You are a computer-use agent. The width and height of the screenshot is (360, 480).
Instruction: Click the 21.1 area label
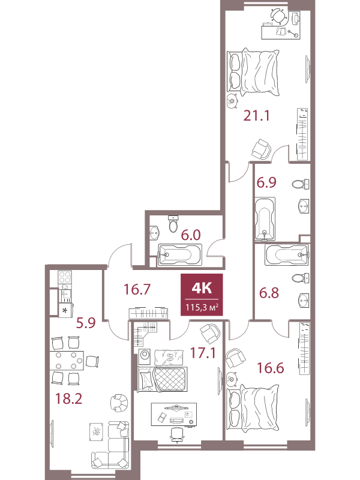(x=257, y=116)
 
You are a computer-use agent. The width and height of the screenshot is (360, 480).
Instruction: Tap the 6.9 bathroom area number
(x=266, y=182)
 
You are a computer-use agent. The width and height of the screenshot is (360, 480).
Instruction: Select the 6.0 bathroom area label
(x=191, y=235)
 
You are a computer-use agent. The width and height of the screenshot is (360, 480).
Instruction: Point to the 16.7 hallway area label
(x=137, y=289)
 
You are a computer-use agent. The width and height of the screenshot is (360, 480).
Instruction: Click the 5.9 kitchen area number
(x=86, y=323)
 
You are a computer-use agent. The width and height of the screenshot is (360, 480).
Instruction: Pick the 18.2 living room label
(x=68, y=398)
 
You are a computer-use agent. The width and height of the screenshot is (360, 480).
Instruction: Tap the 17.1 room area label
(x=203, y=353)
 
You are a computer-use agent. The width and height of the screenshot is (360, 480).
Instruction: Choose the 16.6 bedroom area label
(x=271, y=368)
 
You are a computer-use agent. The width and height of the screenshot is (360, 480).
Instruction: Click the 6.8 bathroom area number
(x=269, y=293)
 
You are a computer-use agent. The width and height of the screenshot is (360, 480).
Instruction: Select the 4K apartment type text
(x=202, y=288)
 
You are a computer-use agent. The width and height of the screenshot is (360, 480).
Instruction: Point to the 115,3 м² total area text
(x=202, y=307)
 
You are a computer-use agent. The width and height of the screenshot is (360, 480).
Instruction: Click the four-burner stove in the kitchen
(x=65, y=277)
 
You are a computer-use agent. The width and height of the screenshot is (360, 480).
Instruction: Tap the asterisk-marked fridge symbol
(x=65, y=310)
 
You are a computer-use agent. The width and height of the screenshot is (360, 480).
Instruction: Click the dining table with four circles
(x=67, y=361)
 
